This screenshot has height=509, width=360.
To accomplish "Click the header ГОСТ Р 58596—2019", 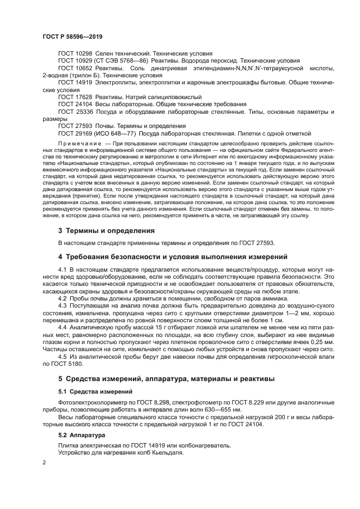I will tap(72, 36).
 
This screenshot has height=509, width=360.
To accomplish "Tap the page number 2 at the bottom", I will tap(44, 462).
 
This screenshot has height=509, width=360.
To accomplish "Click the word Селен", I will tap(105, 54).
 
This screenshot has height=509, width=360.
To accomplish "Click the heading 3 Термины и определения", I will tap(106, 231).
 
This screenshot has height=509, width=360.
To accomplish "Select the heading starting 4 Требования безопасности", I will tap(173, 256).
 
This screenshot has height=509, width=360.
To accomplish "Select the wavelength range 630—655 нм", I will tap(219, 409).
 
